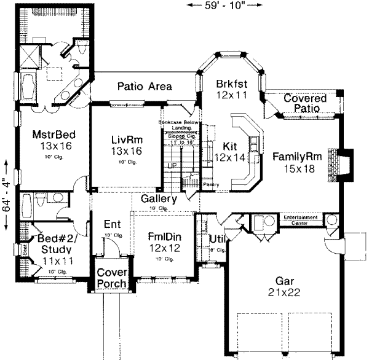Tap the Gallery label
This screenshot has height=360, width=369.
point(159,199)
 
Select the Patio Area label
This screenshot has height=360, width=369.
point(145,87)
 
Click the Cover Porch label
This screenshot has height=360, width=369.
point(111,278)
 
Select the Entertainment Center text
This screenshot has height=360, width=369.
point(301,219)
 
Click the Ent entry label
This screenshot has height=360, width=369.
point(111,224)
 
